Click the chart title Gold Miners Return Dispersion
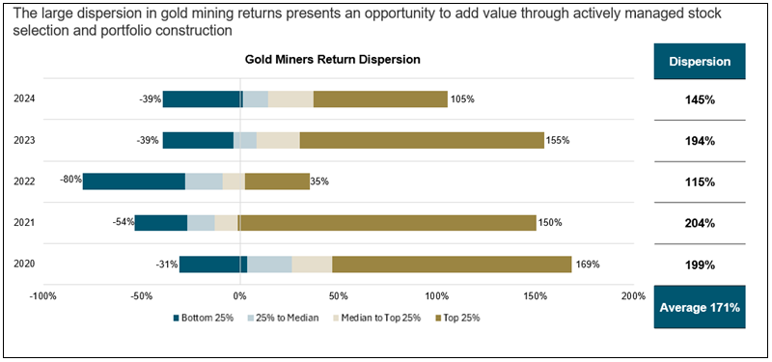point(331,60)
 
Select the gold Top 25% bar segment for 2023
point(421,140)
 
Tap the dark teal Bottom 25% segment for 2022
point(133,181)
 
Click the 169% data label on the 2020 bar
point(588,265)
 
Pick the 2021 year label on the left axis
point(24,223)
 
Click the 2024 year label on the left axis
point(24,98)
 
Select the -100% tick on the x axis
point(42,295)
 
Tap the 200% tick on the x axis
point(632,295)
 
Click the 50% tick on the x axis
point(338,295)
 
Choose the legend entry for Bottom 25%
point(207,318)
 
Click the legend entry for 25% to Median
point(293,318)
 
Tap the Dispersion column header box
point(700,62)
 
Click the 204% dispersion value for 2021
point(700,223)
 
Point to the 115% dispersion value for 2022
point(700,181)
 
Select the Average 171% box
point(700,308)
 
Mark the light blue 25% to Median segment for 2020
point(269,265)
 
